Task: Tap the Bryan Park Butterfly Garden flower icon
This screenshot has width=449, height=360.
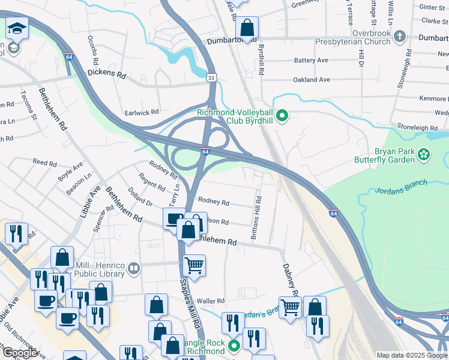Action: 424,155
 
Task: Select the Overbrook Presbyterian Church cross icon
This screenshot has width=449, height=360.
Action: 400,38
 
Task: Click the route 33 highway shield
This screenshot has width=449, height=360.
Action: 211,78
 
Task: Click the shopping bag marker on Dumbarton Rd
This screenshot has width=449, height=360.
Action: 247,27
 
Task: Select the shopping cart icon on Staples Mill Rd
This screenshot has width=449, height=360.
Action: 193,265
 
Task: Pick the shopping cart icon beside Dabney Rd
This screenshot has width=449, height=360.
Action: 290,307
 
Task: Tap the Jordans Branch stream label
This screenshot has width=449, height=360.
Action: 400,187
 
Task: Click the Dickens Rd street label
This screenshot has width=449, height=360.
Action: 106,75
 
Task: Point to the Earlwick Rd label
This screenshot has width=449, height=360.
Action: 142,112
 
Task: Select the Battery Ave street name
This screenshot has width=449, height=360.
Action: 311,61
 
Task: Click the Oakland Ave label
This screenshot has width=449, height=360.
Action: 312,79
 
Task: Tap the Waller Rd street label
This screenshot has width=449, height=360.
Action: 210,301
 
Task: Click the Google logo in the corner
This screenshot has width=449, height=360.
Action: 20,353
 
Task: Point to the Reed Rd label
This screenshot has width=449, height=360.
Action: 44,162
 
